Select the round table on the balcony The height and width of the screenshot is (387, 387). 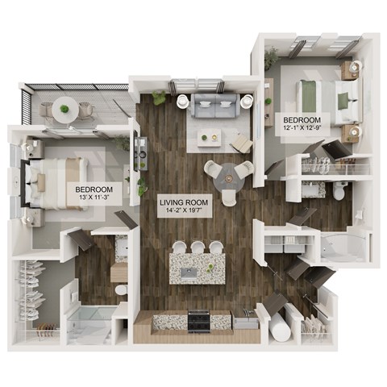63,106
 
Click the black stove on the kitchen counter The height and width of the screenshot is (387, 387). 200,320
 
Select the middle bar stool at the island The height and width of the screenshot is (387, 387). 198,247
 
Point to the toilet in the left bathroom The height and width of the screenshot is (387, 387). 120,289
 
